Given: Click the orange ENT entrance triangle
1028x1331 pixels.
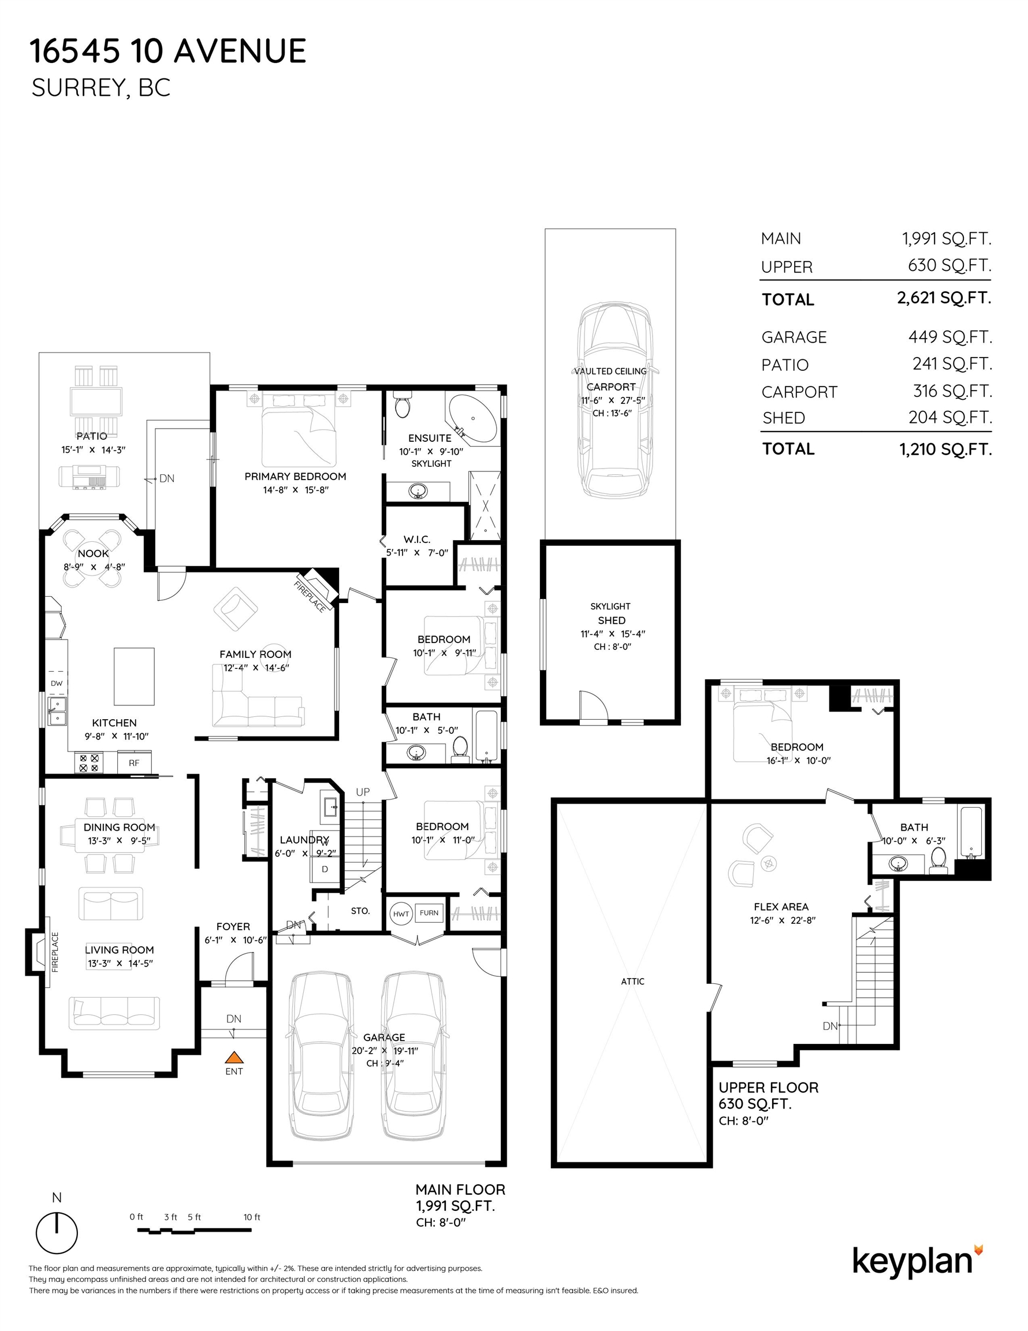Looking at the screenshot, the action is point(234,1057).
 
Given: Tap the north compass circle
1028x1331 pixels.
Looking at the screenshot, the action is point(57,1233).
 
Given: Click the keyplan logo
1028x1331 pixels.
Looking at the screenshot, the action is point(917,1262).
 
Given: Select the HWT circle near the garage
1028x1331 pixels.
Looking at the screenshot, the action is point(401,913).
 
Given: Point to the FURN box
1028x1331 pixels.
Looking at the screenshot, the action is point(429,912).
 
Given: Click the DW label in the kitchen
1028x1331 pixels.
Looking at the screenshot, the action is point(57,683).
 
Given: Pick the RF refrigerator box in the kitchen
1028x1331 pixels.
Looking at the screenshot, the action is point(134,763).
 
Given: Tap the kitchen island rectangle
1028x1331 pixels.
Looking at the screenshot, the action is point(134,676).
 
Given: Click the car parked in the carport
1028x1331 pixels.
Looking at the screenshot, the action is point(616,399).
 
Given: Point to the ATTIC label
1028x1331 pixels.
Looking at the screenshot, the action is point(632,981).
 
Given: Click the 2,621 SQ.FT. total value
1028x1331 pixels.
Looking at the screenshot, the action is point(944,298).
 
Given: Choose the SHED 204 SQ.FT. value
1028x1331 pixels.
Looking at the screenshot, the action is point(950,418).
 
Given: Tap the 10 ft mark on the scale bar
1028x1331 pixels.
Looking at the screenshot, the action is point(252,1217).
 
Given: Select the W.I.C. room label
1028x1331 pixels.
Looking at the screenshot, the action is point(417,540).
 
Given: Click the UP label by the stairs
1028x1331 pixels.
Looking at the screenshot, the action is point(363,792).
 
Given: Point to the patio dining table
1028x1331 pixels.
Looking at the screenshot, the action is point(96,401).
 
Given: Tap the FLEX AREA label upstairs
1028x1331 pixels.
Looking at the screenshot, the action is point(781,907).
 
